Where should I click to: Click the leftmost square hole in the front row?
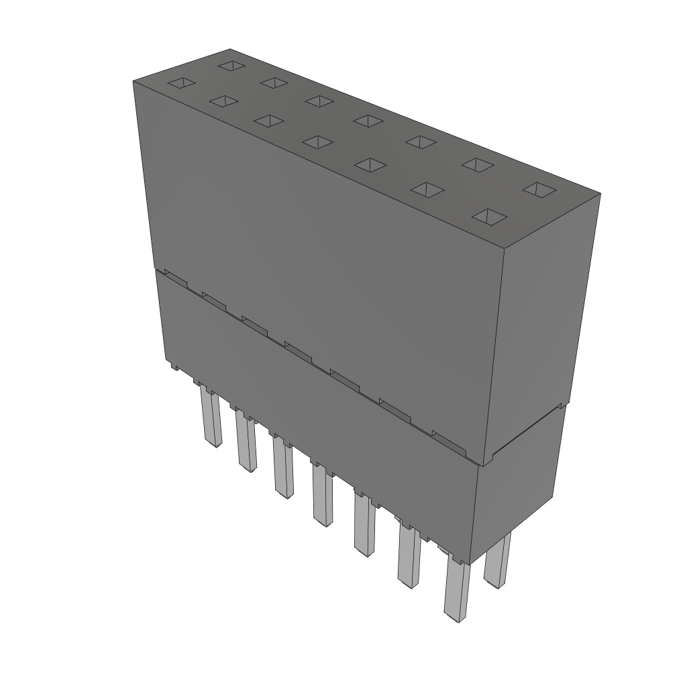(x=181, y=83)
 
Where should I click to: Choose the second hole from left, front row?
(x=223, y=101)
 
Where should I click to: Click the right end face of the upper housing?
(x=547, y=322)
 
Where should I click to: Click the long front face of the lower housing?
(x=315, y=416)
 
